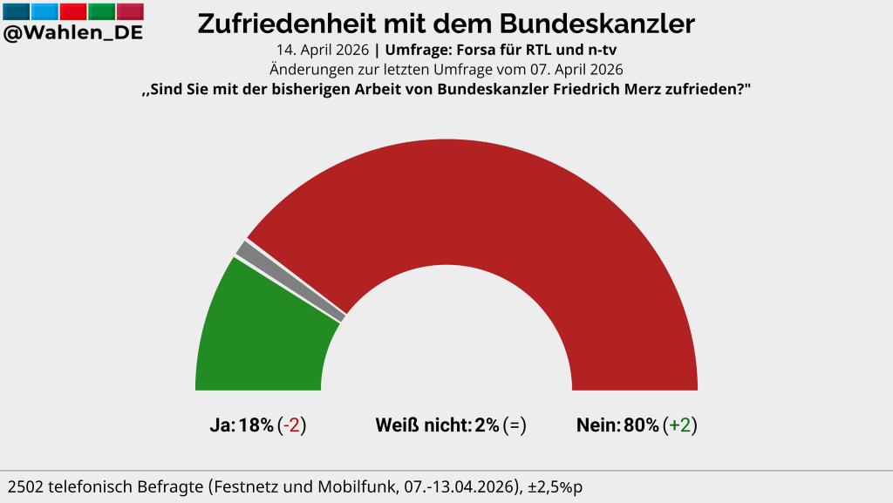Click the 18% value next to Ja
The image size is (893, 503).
pos(256,425)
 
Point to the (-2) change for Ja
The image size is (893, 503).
pos(291,425)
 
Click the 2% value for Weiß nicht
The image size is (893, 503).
pos(487,425)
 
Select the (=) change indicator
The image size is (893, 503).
pos(515,425)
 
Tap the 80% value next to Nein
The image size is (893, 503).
pos(641,425)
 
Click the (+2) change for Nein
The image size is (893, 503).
pos(680,425)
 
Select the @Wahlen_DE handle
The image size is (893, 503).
pos(73,33)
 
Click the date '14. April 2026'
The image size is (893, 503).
pos(324,51)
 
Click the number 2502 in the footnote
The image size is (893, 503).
pos(27,486)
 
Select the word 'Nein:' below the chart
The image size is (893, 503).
pos(598,425)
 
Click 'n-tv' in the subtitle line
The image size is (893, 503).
pos(598,51)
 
